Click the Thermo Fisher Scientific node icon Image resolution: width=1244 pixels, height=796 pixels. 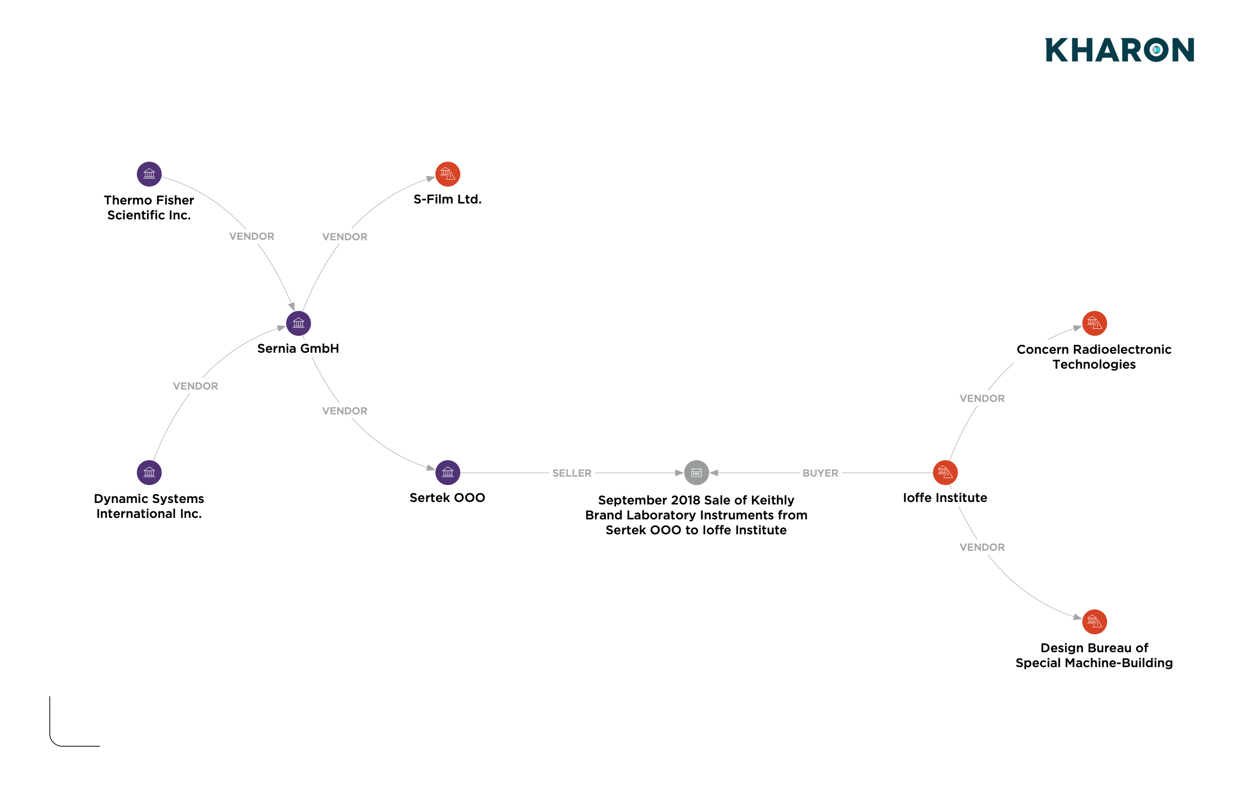[149, 174]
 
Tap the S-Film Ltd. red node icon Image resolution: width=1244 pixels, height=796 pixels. [447, 174]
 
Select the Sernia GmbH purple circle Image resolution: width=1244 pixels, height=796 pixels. [298, 323]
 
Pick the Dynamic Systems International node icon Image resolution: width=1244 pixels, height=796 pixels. [149, 473]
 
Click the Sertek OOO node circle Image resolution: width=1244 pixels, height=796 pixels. [447, 473]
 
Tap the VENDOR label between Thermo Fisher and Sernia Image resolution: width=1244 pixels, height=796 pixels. [252, 236]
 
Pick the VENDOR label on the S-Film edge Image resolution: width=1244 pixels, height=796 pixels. [345, 237]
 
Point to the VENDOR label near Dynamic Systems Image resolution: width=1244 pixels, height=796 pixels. [196, 386]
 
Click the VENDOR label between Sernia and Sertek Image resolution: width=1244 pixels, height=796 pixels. [345, 411]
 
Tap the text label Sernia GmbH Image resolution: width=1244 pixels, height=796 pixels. [298, 348]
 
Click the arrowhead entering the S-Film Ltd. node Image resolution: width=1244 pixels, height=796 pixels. [430, 179]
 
